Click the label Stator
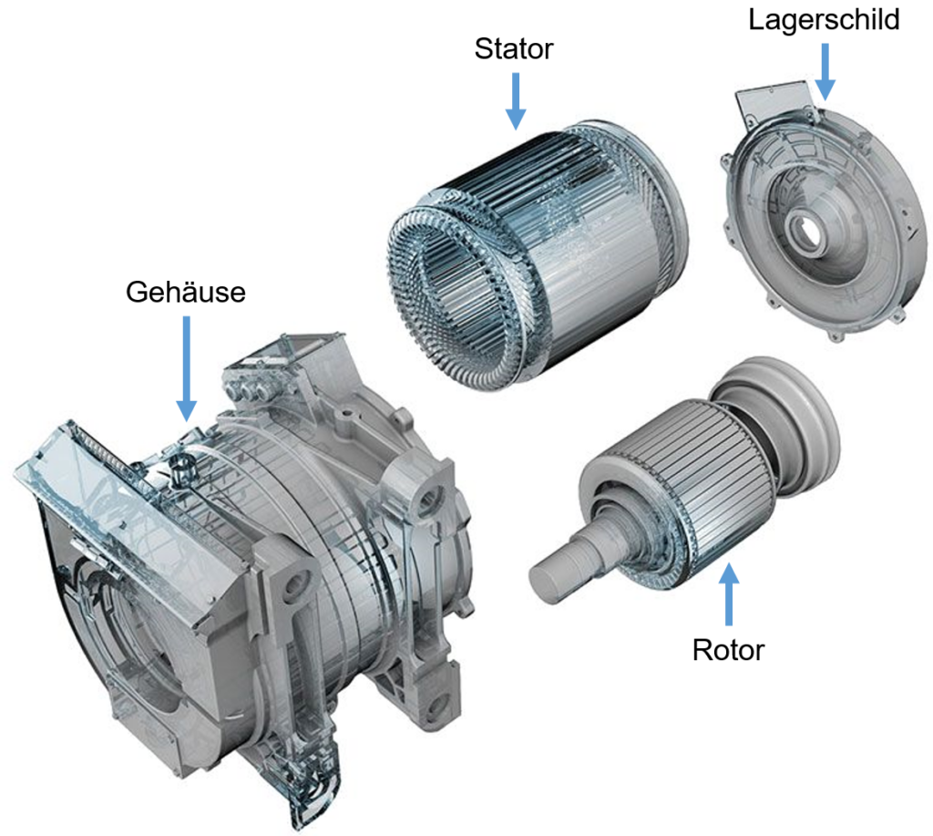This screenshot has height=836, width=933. [514, 49]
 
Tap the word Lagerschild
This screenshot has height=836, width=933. [824, 20]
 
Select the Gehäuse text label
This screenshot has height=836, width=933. [186, 292]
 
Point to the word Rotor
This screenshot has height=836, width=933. [728, 650]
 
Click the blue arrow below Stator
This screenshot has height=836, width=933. [516, 101]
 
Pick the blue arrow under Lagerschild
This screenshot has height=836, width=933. [825, 71]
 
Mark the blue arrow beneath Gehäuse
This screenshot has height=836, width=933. [187, 368]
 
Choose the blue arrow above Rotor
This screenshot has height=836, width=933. [729, 593]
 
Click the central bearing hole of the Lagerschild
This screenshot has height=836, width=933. [806, 229]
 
